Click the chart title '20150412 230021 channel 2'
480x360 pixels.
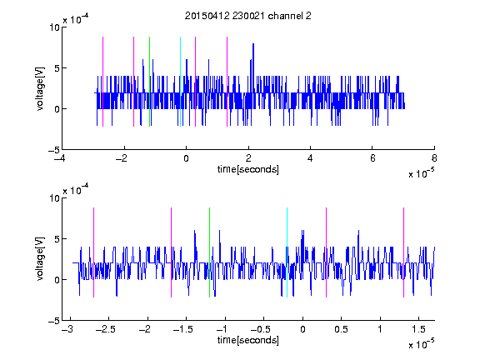248,16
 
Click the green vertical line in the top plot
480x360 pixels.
149,82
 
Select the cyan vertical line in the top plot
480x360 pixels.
180,82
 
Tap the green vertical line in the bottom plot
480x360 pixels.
209,252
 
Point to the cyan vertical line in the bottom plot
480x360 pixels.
287,252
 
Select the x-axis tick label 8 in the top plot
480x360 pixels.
434,158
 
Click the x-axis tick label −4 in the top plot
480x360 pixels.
59,158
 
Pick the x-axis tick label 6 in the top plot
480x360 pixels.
372,158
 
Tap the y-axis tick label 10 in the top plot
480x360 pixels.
54,27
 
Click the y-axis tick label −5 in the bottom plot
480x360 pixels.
54,321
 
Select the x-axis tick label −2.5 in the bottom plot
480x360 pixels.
106,329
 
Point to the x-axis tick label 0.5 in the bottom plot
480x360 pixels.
341,329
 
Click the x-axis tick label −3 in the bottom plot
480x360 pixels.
67,329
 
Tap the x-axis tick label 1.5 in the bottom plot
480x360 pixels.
418,329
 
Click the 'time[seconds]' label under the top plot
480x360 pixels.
248,169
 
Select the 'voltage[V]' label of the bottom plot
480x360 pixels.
40,258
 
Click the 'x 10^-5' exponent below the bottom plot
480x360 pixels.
421,343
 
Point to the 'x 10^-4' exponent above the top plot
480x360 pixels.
76,19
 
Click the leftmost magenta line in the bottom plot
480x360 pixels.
93,252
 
